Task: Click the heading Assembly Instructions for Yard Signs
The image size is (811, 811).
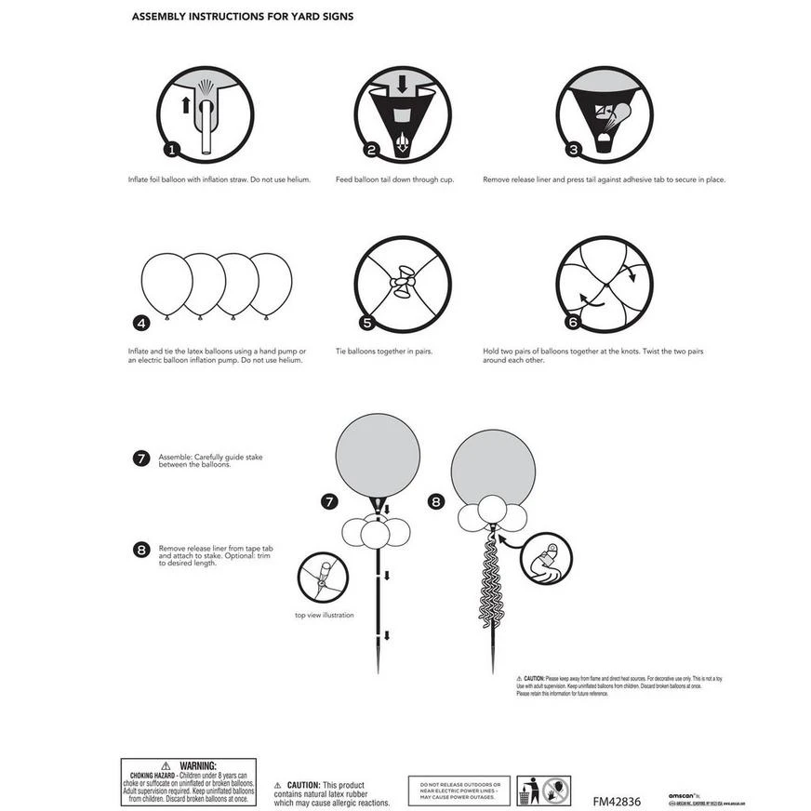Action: (242, 17)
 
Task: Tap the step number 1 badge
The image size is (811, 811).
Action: (170, 149)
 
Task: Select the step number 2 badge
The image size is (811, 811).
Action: (371, 149)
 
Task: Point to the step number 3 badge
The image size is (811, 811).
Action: (574, 149)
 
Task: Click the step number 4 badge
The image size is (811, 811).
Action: (141, 324)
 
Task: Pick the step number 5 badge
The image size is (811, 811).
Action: (366, 324)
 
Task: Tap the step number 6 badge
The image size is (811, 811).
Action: (573, 323)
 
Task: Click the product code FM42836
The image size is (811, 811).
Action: (617, 801)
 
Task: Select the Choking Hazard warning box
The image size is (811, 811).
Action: (187, 781)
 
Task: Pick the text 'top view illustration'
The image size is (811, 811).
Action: (324, 615)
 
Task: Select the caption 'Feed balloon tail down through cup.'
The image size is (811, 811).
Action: (394, 179)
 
